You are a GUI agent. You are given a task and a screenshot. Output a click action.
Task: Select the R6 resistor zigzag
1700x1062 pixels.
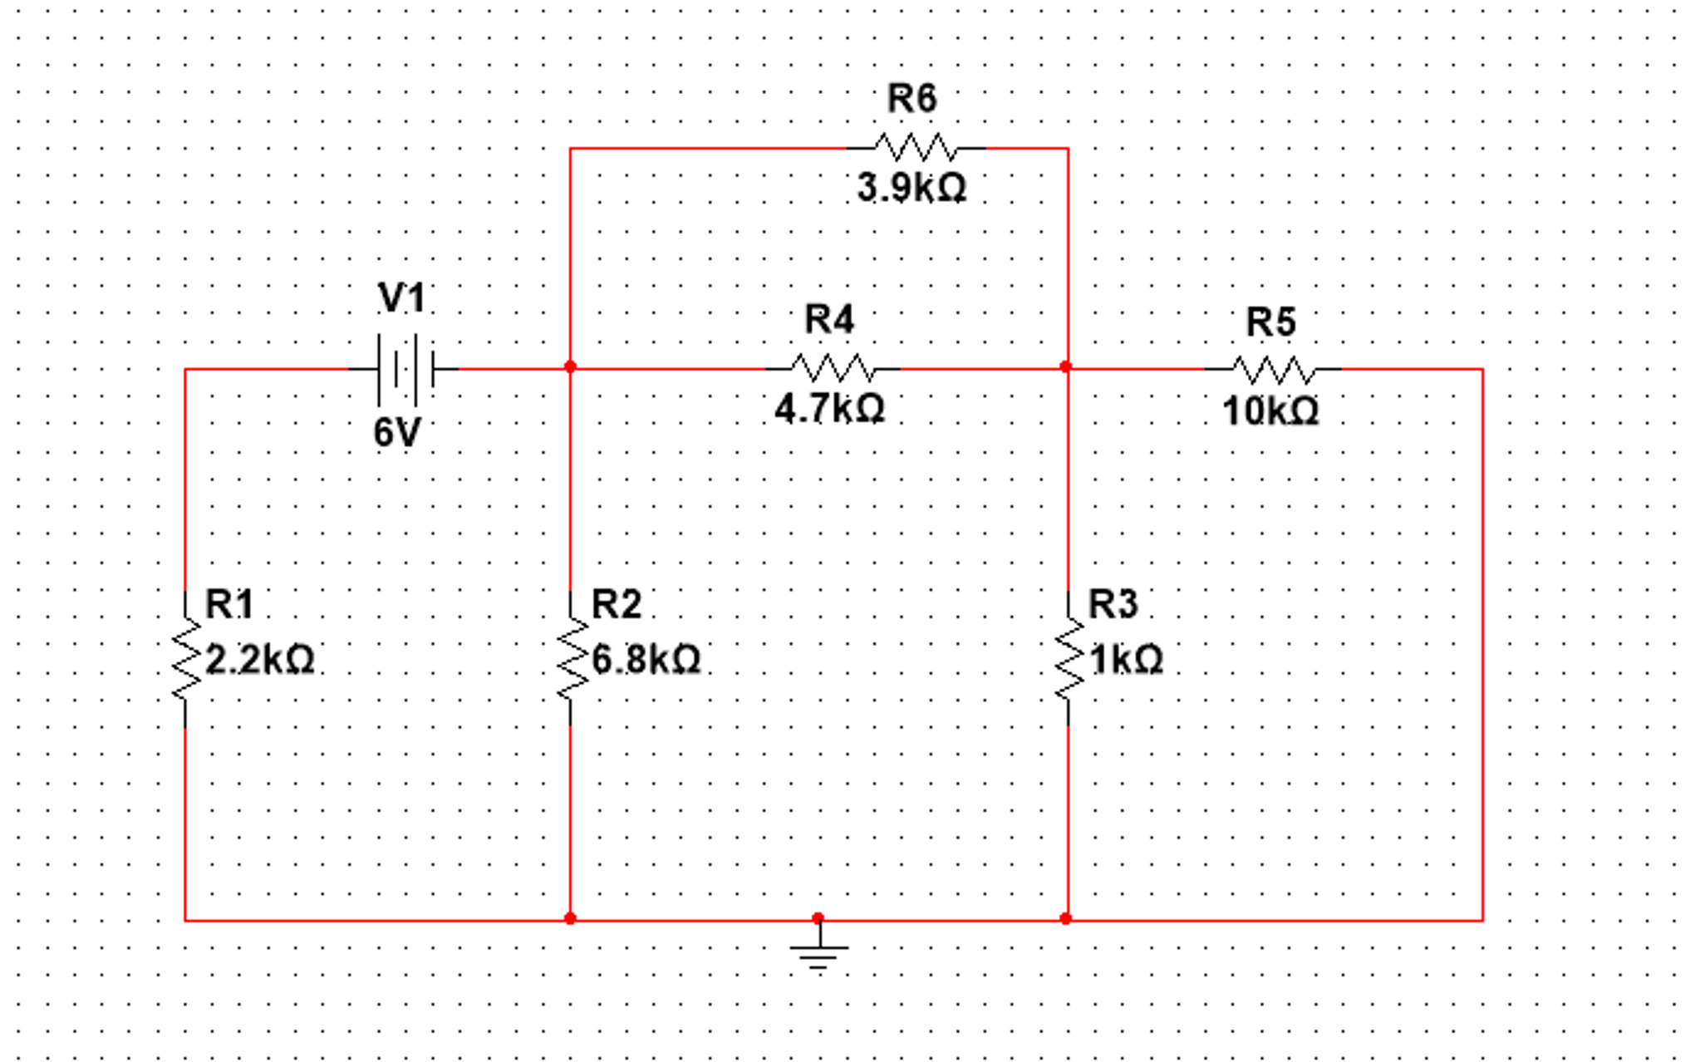(x=915, y=148)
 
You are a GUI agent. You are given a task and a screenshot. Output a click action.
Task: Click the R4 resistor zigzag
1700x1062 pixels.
(x=832, y=368)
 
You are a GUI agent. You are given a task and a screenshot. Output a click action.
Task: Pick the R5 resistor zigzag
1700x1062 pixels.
(x=1273, y=369)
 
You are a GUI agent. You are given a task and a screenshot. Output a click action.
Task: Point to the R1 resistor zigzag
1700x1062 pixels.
(x=185, y=659)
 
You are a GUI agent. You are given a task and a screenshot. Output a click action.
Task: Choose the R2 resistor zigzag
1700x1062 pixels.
(x=571, y=659)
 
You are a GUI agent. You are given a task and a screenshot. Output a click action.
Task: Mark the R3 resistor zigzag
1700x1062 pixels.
(x=1069, y=659)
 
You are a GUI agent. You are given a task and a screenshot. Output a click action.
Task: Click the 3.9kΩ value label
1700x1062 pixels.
(x=911, y=188)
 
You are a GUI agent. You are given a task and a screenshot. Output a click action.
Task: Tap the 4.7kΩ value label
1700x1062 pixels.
(x=829, y=409)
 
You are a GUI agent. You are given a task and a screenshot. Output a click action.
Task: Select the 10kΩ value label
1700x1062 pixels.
(x=1270, y=411)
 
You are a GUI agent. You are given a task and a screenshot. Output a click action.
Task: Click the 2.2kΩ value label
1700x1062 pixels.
(x=259, y=661)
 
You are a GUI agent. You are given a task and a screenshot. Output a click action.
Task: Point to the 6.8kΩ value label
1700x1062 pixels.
(x=646, y=661)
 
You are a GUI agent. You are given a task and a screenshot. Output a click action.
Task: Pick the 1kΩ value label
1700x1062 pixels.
(x=1126, y=661)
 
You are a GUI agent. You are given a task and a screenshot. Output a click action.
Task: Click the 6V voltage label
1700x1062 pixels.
(x=397, y=433)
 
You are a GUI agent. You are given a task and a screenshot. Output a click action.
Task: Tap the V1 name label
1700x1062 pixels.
(x=402, y=297)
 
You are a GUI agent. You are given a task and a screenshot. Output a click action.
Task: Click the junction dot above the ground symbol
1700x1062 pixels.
(x=818, y=918)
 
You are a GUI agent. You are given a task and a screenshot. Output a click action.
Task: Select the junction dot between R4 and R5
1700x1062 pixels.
(x=1067, y=367)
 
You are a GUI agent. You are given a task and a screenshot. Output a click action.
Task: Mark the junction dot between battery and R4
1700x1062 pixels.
(x=570, y=367)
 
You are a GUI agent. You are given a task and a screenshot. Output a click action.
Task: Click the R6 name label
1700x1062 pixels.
(x=912, y=99)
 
